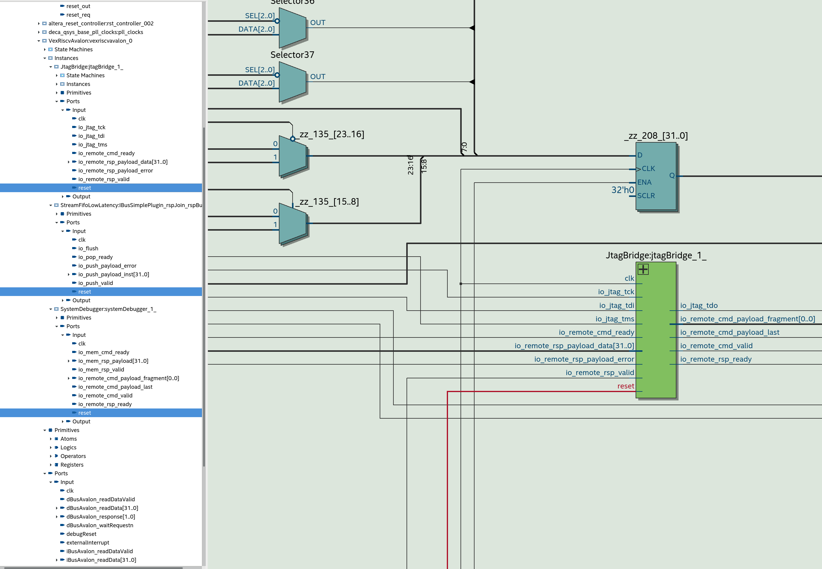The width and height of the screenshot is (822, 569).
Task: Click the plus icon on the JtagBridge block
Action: [x=643, y=269]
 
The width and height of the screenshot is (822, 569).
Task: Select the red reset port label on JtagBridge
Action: [x=625, y=386]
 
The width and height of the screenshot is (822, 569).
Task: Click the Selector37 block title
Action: [x=292, y=55]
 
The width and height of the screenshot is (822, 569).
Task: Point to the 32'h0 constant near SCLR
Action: [x=622, y=190]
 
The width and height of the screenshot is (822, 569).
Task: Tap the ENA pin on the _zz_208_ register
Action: [x=644, y=182]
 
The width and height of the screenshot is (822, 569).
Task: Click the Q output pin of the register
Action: [x=672, y=175]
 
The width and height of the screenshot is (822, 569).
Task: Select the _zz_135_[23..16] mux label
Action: [x=332, y=134]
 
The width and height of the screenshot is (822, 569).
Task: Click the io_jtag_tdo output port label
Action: [x=699, y=306]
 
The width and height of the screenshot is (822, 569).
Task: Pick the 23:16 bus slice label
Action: [x=410, y=165]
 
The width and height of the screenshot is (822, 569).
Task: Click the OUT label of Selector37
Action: [x=317, y=77]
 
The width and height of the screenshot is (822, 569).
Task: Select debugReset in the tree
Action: [x=81, y=534]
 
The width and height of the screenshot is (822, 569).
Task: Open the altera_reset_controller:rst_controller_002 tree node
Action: [x=101, y=24]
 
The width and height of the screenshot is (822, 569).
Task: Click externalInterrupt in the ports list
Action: [x=88, y=543]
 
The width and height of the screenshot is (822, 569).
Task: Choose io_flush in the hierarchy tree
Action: [x=88, y=249]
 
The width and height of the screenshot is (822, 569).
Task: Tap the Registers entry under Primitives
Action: [x=72, y=465]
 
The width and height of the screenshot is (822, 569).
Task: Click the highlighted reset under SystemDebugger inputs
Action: [x=84, y=413]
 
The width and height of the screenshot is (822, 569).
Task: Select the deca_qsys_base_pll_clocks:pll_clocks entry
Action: [x=95, y=32]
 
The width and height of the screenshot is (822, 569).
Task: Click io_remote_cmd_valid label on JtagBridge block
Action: [x=716, y=346]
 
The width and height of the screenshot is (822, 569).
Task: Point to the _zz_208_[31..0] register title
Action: [x=656, y=136]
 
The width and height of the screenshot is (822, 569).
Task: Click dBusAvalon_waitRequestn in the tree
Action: [x=99, y=525]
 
